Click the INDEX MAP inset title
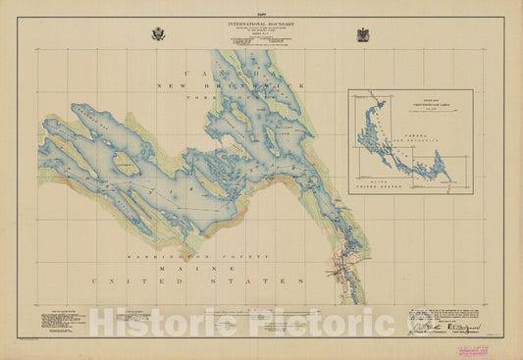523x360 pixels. [x=409, y=95]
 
